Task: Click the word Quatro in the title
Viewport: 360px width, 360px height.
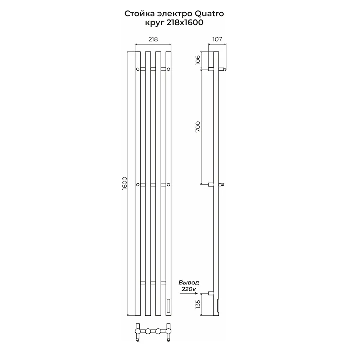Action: (x=209, y=14)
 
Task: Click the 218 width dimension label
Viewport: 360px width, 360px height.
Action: (x=153, y=39)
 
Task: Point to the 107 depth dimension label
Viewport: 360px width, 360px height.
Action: (x=217, y=39)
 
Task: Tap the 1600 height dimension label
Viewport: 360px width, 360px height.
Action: (x=124, y=183)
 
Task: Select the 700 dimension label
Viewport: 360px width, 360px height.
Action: (x=198, y=126)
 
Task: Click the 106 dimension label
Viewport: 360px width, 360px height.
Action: (x=198, y=60)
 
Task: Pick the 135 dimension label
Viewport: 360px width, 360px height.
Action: (x=198, y=304)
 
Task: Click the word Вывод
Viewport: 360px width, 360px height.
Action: (x=189, y=282)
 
